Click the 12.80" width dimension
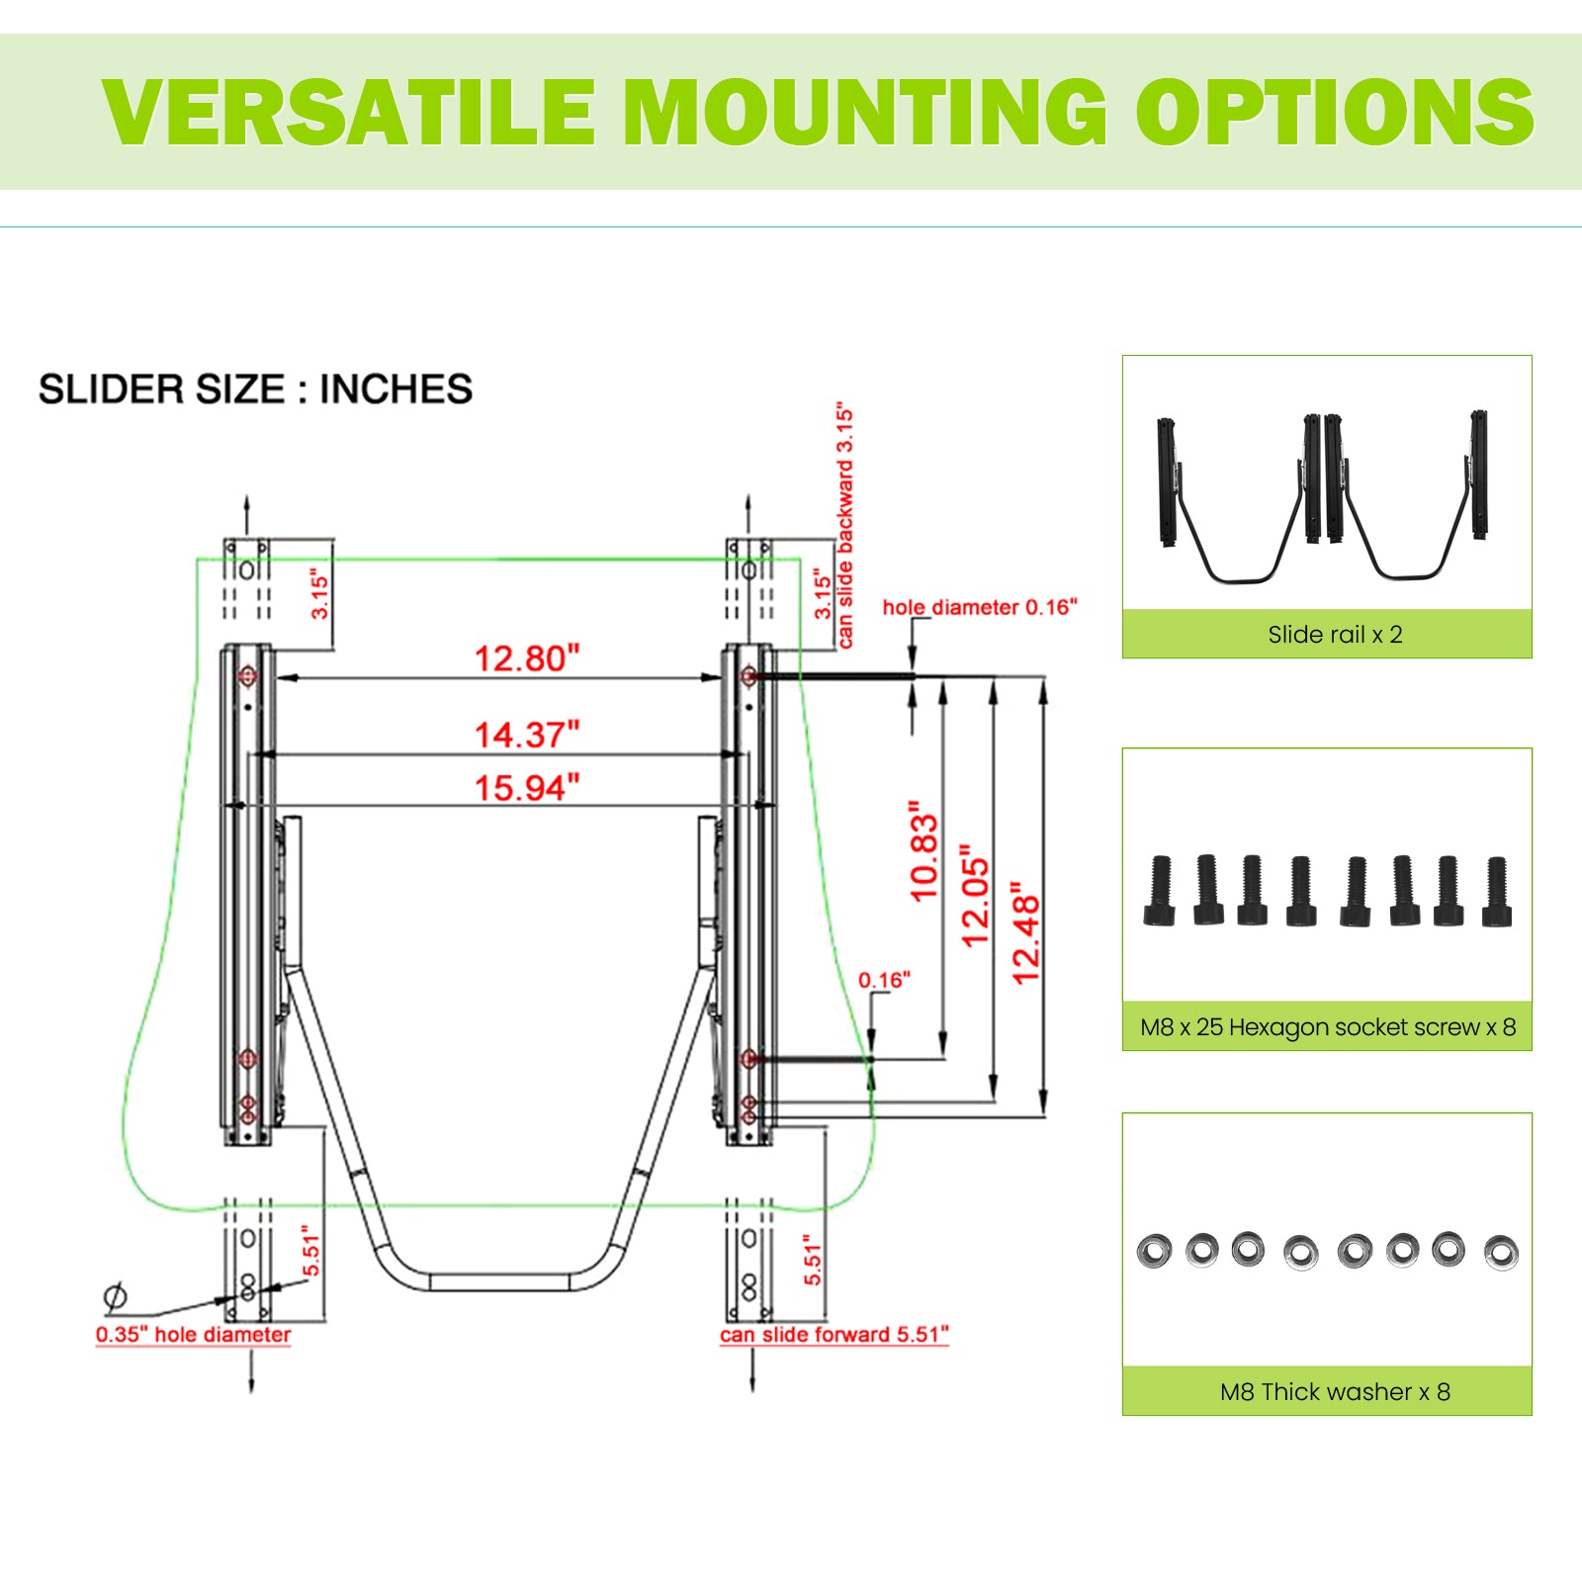[527, 659]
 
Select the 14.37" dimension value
[527, 735]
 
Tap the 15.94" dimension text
[527, 788]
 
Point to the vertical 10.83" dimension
[923, 851]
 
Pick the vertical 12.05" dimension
[975, 896]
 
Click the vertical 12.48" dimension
[1026, 933]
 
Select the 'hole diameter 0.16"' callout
[980, 607]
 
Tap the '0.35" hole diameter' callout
[193, 1335]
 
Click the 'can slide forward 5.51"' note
[834, 1335]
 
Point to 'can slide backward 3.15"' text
[844, 525]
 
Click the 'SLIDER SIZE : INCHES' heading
[255, 390]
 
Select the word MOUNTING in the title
[866, 112]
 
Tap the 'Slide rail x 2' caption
[1335, 635]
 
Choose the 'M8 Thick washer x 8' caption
[1335, 1392]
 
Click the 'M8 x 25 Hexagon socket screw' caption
[1309, 1027]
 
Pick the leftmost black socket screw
[1160, 891]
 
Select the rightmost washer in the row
[1501, 1253]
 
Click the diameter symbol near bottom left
[116, 1295]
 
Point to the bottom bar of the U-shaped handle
[501, 1282]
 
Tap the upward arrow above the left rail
[247, 515]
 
